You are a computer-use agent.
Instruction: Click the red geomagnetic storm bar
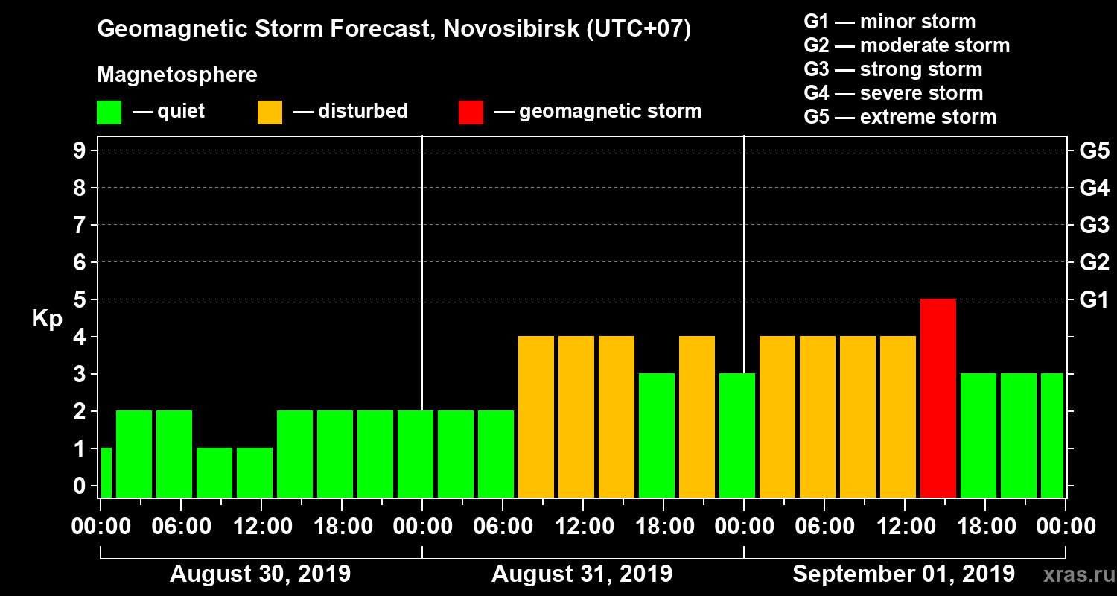938,398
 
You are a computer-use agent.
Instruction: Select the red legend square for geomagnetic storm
471,112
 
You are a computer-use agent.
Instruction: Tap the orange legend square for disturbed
270,112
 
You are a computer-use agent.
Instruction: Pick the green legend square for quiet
109,112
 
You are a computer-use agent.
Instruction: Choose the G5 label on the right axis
1094,150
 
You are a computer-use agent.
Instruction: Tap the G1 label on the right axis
1094,299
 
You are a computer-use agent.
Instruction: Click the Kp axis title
47,318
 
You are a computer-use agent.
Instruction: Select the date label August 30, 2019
261,574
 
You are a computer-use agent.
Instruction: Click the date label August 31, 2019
582,574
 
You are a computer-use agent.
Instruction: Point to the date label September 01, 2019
903,574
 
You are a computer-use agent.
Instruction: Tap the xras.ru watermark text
1072,574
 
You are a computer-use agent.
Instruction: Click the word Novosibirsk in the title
506,30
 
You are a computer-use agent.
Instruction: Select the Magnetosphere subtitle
177,75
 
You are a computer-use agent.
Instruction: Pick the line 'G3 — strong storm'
893,69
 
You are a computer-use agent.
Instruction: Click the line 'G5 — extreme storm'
900,117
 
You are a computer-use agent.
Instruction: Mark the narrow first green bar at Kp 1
106,472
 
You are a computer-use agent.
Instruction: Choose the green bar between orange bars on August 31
657,435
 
